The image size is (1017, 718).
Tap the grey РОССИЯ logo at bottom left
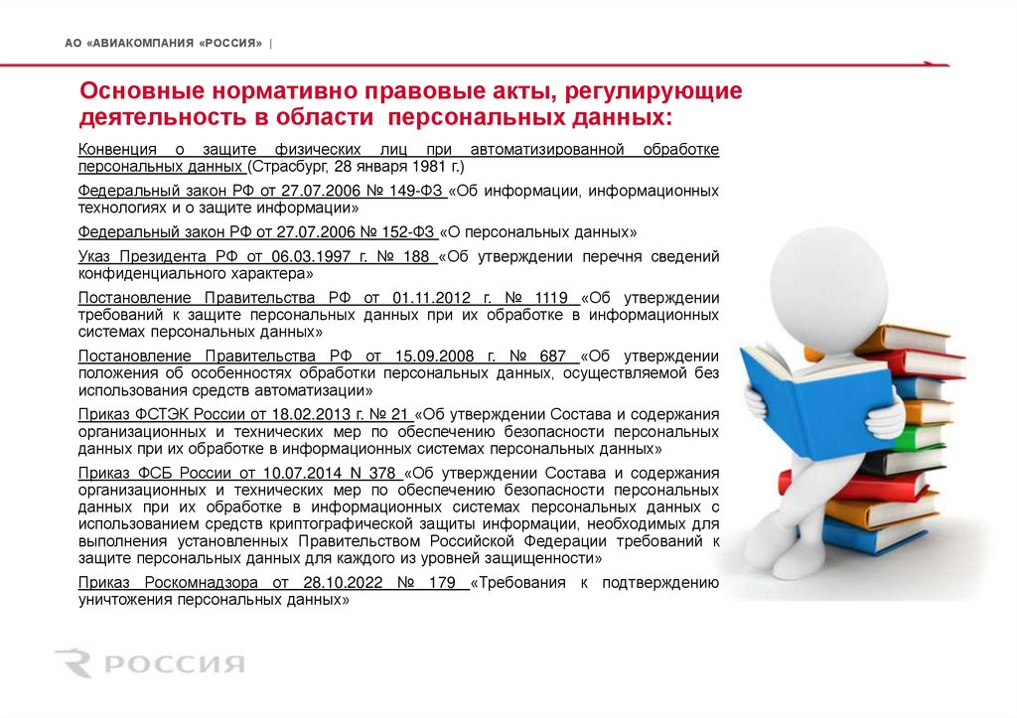pos(150,662)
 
